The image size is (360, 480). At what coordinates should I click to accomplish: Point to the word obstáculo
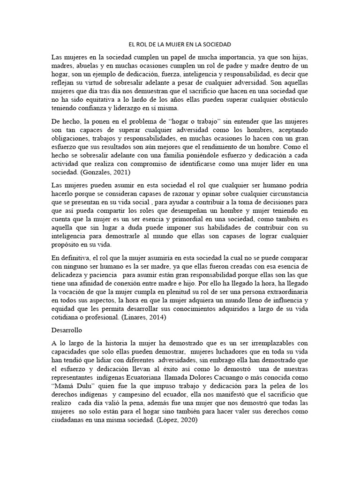290,99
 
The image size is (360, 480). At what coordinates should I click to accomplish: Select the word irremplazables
254,343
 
